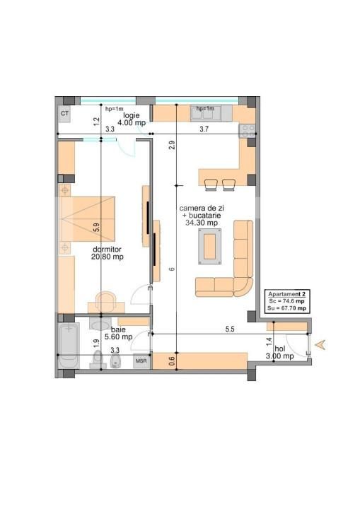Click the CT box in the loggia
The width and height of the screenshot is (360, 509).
[65, 113]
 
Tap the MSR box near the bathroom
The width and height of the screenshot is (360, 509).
[141, 361]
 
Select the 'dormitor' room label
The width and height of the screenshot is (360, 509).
[107, 250]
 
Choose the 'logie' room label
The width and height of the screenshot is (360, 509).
[132, 115]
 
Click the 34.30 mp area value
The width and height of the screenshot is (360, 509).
[202, 223]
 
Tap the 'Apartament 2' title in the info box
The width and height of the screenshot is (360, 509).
[286, 293]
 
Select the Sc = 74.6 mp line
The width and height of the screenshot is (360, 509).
[286, 300]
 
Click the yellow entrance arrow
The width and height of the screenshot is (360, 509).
[322, 344]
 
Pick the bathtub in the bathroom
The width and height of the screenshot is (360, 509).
[68, 346]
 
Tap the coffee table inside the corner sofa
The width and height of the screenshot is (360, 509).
[210, 247]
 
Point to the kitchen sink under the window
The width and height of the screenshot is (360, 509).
[205, 114]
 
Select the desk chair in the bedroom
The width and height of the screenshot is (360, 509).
[107, 298]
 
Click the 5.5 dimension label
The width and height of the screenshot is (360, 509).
[230, 329]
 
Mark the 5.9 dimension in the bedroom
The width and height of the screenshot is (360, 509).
[97, 228]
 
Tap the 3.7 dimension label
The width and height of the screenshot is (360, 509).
[204, 129]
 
